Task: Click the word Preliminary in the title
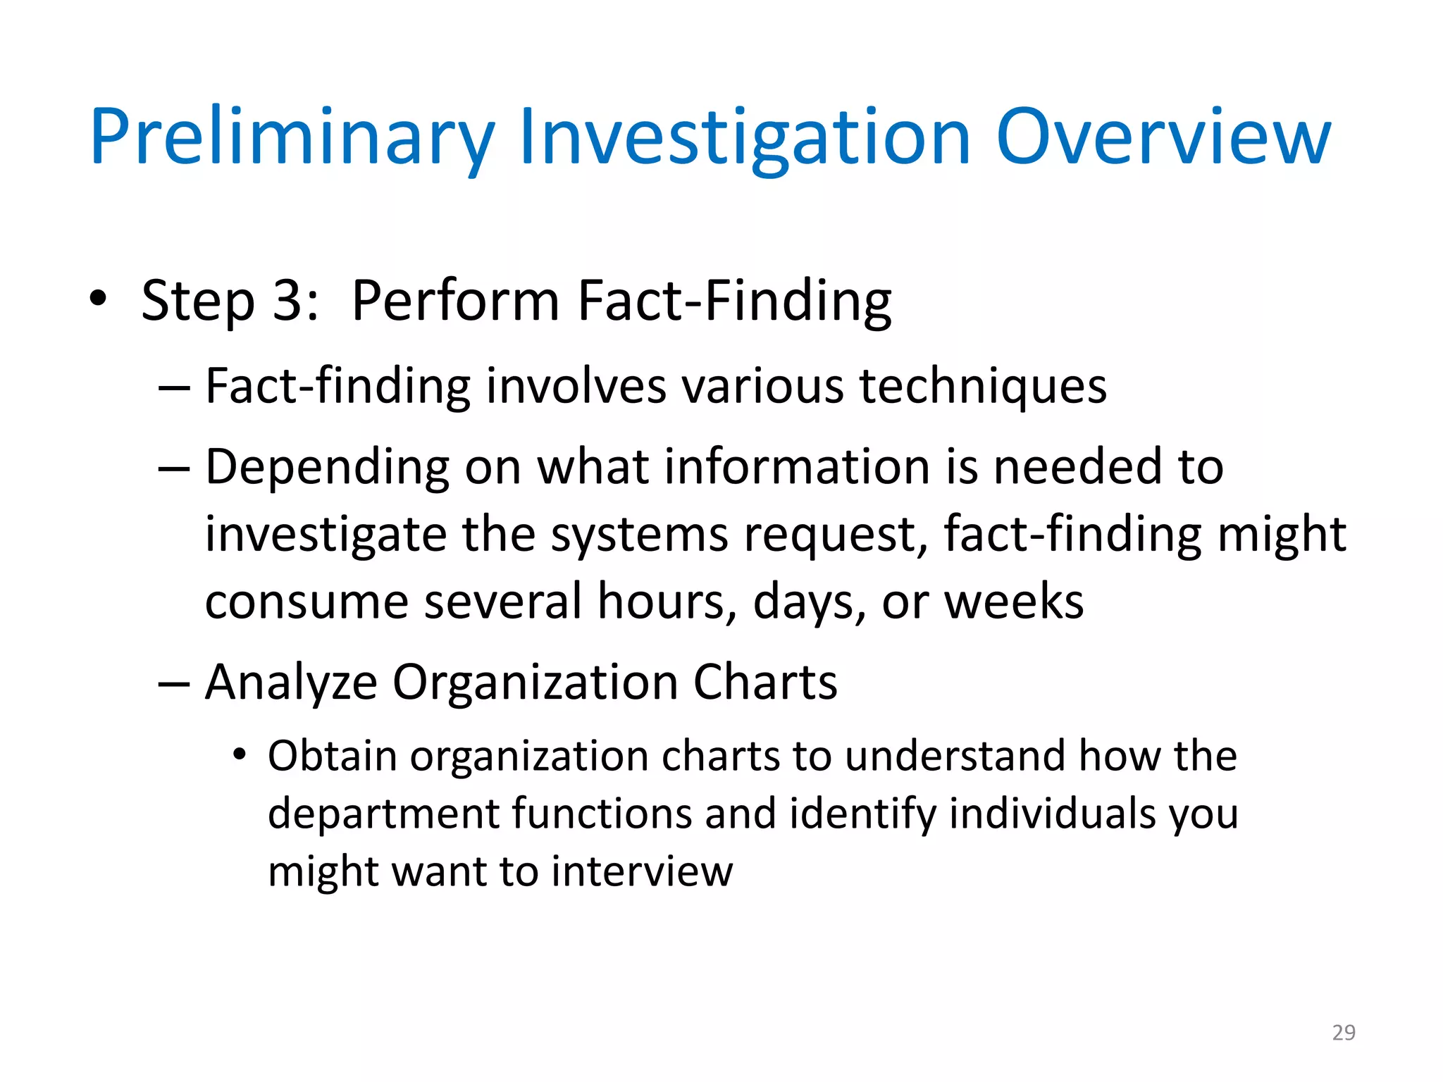(292, 137)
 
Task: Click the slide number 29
(1344, 1033)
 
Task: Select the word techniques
(983, 387)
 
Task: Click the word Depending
(327, 468)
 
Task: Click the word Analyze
(291, 683)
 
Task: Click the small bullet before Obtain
(240, 755)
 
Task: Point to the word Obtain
(333, 757)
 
